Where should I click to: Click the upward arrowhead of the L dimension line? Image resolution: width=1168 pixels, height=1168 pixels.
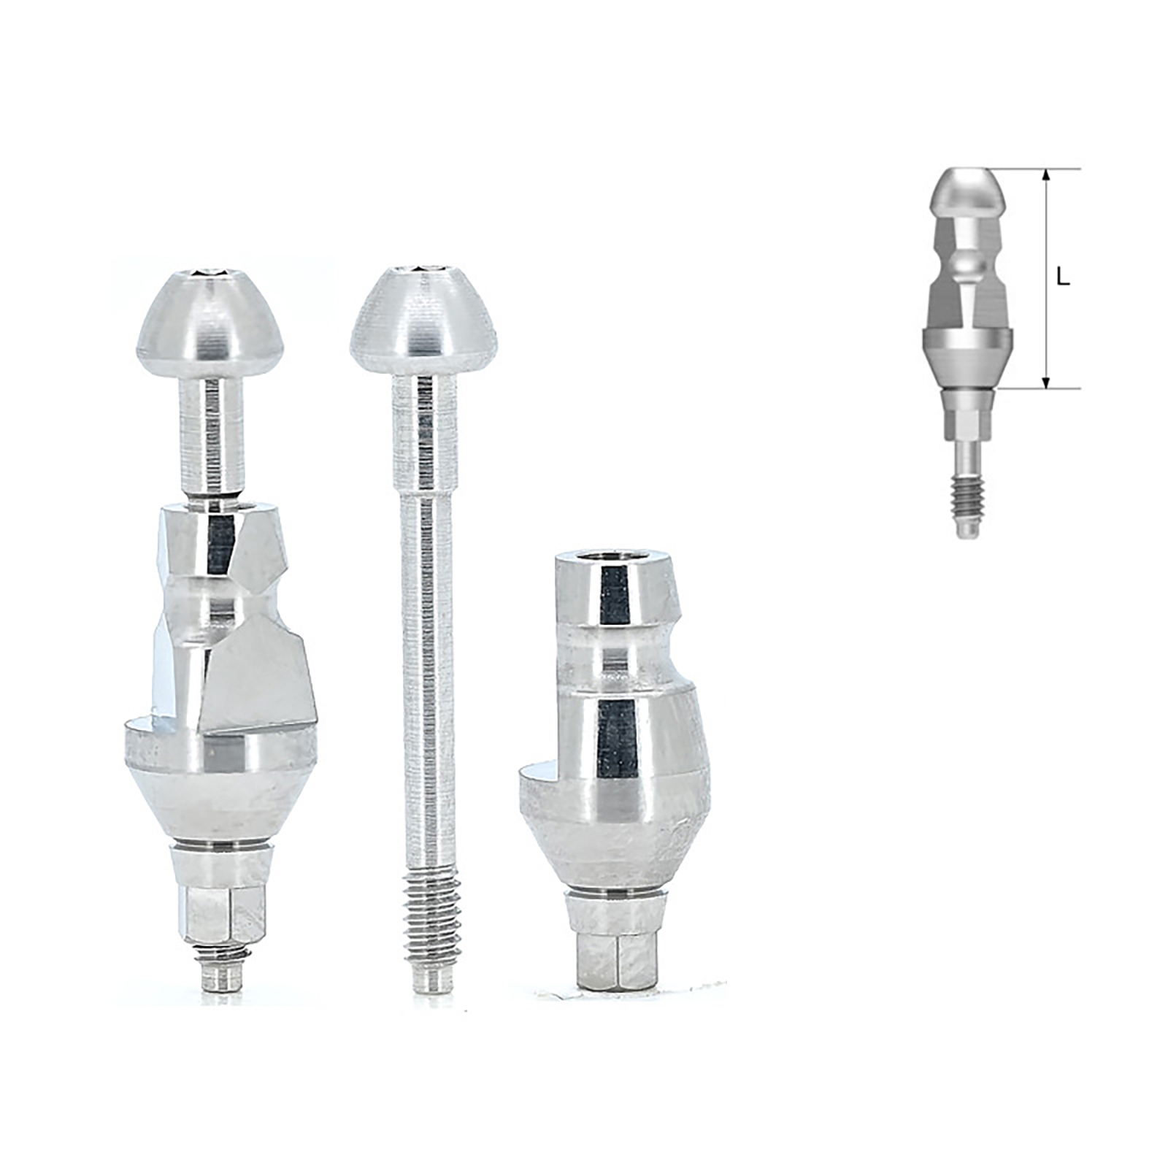point(1046,175)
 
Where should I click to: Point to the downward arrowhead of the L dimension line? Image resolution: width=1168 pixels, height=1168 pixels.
point(1046,383)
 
